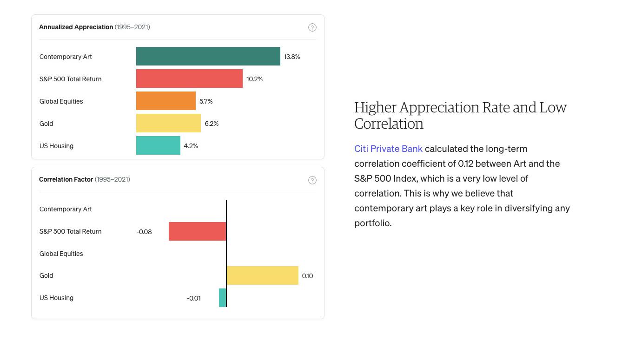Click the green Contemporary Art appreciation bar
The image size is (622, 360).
pos(208,56)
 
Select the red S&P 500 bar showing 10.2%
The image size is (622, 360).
pos(189,79)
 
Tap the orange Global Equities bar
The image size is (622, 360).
pos(165,101)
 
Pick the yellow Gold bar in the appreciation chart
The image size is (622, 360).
pos(168,123)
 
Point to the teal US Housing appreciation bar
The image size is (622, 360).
pos(158,145)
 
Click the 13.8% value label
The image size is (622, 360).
pos(292,57)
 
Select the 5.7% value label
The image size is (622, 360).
pos(206,101)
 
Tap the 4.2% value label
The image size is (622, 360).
pos(191,146)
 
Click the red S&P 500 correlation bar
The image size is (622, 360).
pos(197,231)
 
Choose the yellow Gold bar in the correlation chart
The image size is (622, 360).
pos(262,275)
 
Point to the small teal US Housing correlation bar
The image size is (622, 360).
pos(222,298)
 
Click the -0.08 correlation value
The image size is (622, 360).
pos(144,232)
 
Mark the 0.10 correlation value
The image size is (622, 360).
pos(307,276)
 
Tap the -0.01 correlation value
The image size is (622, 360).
pos(194,298)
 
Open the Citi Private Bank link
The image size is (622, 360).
pos(388,149)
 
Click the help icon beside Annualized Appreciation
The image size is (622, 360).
pos(312,27)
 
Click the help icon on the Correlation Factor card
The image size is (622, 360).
pos(312,180)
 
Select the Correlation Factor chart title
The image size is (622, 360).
pos(66,179)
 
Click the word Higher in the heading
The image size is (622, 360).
pos(375,108)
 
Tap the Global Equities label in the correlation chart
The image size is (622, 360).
pos(61,254)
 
